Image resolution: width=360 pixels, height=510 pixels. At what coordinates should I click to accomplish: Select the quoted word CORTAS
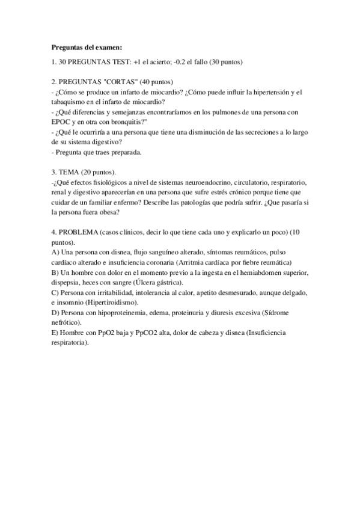[x=122, y=82]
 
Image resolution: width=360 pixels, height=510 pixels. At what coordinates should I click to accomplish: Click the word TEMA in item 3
[x=70, y=172]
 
